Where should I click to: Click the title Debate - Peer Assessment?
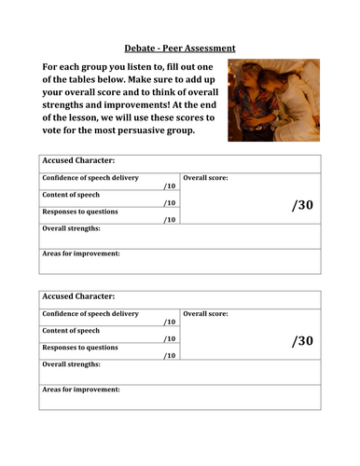[x=180, y=48]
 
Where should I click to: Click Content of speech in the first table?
[x=72, y=195]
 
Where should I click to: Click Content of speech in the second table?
[x=72, y=331]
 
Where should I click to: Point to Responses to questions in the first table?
[x=80, y=212]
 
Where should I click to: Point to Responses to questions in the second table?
[x=80, y=348]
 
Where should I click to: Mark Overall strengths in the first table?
[x=72, y=228]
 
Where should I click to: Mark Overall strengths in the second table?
[x=72, y=364]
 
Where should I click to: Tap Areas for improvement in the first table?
[x=81, y=254]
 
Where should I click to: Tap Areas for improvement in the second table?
[x=81, y=390]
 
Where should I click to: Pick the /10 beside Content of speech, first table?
[x=169, y=203]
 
